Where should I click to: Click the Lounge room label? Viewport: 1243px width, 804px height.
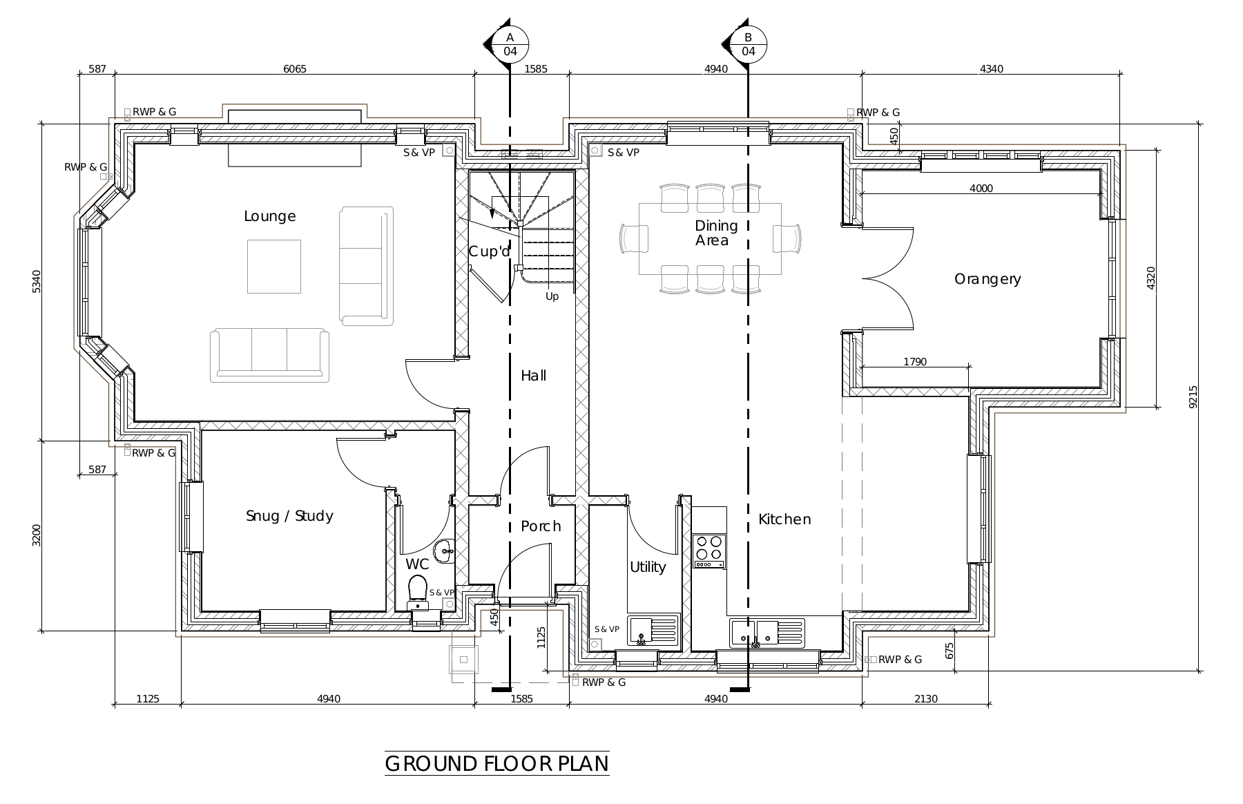click(270, 216)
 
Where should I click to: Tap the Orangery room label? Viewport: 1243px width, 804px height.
click(987, 279)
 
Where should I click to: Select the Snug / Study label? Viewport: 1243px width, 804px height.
click(289, 516)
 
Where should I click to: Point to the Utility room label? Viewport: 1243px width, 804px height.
click(648, 567)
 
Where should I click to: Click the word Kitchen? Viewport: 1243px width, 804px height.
click(784, 519)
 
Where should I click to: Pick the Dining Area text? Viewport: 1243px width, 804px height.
click(715, 233)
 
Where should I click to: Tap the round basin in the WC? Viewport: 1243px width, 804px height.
click(444, 550)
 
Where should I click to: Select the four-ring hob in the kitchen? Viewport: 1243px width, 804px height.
click(709, 551)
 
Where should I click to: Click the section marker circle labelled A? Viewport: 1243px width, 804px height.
click(510, 44)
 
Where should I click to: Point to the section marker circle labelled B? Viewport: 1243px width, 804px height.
click(749, 44)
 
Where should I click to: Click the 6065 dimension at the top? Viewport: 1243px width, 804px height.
click(295, 68)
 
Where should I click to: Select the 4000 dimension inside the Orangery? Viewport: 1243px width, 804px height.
click(981, 188)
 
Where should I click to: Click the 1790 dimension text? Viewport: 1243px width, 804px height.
click(915, 361)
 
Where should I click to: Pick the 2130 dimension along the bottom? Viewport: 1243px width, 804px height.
click(926, 698)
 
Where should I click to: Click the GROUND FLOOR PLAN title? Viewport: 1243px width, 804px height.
click(497, 764)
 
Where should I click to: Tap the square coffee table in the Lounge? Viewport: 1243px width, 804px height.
click(274, 267)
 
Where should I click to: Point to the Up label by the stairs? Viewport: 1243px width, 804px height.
click(552, 297)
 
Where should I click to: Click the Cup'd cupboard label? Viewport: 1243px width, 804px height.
click(490, 251)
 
